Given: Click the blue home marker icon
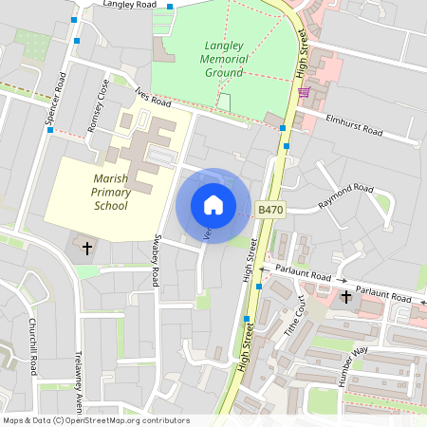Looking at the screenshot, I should click(x=213, y=205).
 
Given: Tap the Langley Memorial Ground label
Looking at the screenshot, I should click(x=226, y=58).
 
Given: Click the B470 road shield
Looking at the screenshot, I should click(x=270, y=209).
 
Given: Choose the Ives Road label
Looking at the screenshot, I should click(x=153, y=97).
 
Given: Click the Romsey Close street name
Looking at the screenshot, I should click(x=99, y=106).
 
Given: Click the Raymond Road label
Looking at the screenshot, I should click(x=346, y=195).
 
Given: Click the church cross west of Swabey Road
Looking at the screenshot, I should click(x=88, y=249).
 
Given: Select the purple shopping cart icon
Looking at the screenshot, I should click(x=304, y=92).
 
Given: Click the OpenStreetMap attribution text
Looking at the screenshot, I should click(x=95, y=419).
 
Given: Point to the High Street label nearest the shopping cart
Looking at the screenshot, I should click(x=304, y=57).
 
